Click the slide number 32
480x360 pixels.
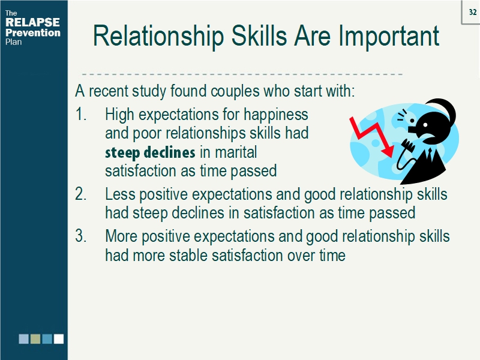point(472,11)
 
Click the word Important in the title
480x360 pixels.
point(389,37)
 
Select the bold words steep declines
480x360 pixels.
point(150,152)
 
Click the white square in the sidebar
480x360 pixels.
point(58,339)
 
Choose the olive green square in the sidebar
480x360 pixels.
point(35,339)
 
